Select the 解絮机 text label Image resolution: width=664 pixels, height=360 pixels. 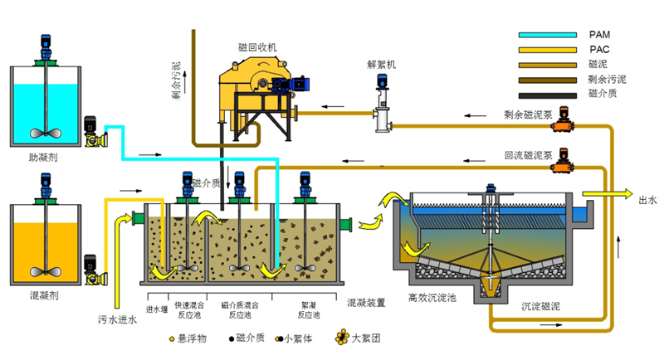(x=382, y=64)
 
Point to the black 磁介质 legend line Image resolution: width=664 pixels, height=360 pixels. (x=547, y=95)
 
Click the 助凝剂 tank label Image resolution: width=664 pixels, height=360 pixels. (x=43, y=156)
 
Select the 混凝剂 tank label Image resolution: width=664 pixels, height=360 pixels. (x=43, y=294)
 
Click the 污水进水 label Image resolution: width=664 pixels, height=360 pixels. (x=116, y=319)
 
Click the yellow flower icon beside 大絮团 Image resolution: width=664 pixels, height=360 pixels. (x=341, y=338)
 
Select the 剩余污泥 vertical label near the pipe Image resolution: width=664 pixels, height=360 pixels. (x=176, y=79)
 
